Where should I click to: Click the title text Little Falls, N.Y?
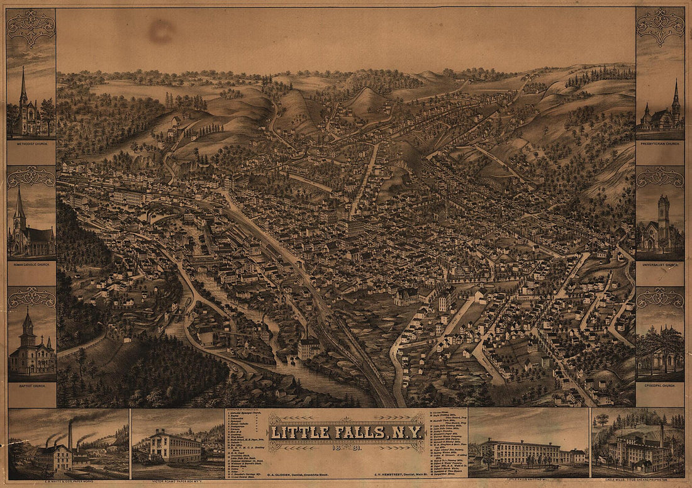click(347, 432)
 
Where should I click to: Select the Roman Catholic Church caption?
click(31, 265)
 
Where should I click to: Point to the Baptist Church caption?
click(31, 385)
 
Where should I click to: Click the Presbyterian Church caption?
click(660, 143)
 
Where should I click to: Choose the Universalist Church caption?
click(660, 265)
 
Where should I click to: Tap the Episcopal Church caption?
click(660, 385)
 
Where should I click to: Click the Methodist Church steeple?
click(23, 85)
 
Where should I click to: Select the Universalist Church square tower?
click(664, 211)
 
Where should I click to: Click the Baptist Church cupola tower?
click(27, 324)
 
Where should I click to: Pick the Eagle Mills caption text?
click(637, 479)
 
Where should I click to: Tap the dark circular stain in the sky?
click(162, 30)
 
